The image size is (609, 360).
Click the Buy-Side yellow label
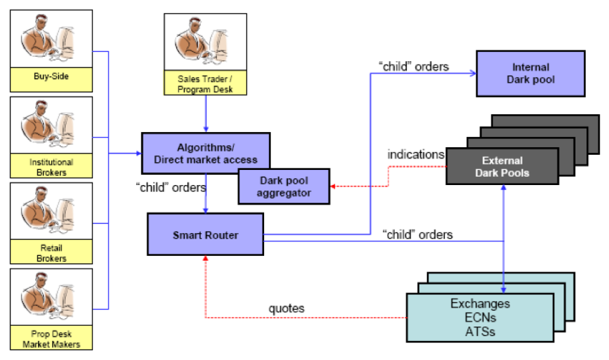pos(51,79)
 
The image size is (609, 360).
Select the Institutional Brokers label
pos(51,167)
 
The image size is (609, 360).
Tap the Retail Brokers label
pos(51,253)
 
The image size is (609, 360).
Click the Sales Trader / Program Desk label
pos(205,84)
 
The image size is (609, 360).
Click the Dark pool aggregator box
pos(284,187)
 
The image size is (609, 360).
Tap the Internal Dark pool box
pos(531,73)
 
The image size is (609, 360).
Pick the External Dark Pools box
pos(502,166)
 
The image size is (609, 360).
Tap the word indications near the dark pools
pos(416,155)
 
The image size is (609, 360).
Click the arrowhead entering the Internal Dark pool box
pos(473,74)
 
